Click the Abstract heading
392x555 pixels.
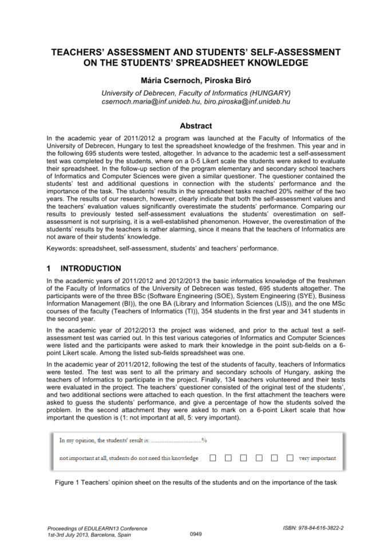click(x=196, y=126)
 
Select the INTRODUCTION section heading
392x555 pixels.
click(x=92, y=268)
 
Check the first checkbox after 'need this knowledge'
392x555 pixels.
click(x=213, y=458)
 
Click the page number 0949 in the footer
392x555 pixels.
click(x=196, y=533)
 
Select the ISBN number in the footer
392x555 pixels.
click(x=319, y=528)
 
